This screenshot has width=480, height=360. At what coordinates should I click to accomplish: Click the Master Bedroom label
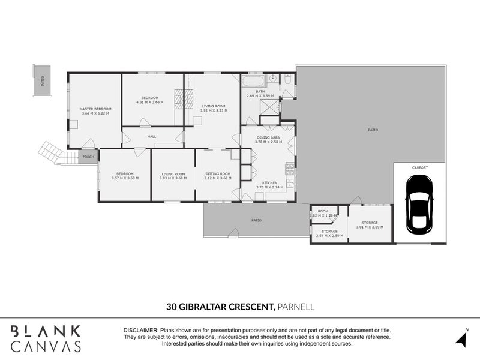(x=95, y=109)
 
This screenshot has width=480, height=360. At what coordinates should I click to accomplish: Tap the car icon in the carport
(x=419, y=205)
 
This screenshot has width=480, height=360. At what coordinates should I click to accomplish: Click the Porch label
(x=88, y=158)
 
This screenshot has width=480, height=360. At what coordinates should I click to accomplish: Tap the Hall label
(x=152, y=137)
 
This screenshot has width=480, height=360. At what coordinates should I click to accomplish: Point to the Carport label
(x=419, y=167)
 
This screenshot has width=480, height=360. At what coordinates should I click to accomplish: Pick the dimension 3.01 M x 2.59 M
(x=369, y=227)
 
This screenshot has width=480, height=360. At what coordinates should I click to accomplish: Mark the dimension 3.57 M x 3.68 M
(x=125, y=178)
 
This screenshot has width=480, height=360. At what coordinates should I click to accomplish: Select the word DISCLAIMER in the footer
(x=140, y=331)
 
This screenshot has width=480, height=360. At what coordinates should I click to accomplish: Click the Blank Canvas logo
(x=46, y=338)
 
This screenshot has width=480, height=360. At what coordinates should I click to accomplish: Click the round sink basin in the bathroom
(x=272, y=78)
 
